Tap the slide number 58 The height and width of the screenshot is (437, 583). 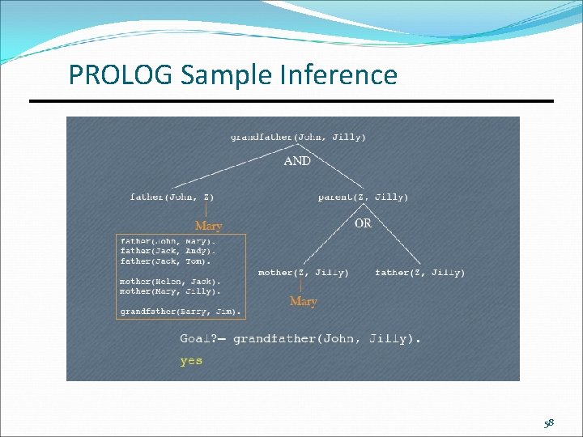549,423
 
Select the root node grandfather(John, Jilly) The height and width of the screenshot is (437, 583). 297,137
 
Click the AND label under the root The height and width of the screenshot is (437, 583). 297,161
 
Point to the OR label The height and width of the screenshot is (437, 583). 363,223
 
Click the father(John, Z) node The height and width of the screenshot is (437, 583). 172,197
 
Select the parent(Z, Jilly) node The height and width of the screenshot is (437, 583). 363,197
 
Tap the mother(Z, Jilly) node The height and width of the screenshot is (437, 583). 304,273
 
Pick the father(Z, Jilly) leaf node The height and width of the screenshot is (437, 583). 419,273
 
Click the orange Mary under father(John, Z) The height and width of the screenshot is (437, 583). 208,226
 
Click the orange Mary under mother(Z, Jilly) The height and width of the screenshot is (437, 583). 303,301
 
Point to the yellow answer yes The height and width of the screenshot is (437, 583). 191,361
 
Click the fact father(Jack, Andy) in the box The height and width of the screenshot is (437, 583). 168,251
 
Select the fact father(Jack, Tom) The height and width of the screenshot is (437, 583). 165,261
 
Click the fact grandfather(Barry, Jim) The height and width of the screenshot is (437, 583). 181,310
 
